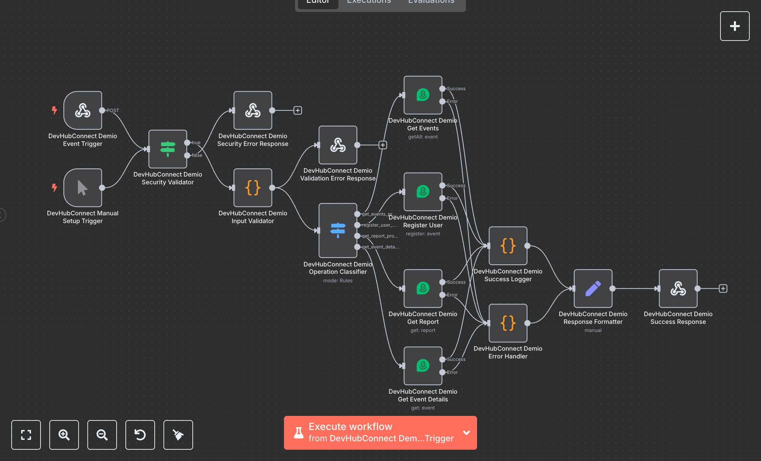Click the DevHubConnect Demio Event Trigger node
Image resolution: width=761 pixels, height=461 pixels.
point(83,110)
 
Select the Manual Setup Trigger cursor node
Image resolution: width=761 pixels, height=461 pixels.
point(83,188)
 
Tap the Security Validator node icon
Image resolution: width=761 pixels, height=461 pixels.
point(168,149)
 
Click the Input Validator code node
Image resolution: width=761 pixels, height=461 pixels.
point(253,188)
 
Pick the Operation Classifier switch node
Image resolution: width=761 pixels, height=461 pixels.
point(338,230)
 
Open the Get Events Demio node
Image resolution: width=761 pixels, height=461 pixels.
point(423,95)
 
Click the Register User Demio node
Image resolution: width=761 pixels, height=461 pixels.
point(423,192)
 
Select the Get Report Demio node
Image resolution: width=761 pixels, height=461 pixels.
point(423,288)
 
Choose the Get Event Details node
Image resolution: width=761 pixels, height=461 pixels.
point(423,365)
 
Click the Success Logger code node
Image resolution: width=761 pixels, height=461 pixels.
point(508,246)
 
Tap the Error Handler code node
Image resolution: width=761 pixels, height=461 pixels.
point(508,323)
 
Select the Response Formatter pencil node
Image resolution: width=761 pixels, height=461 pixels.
point(593,288)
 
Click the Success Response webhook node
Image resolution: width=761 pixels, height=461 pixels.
point(678,288)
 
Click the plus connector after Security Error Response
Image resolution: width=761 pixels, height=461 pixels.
point(298,110)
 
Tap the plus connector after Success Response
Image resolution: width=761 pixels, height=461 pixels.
point(723,288)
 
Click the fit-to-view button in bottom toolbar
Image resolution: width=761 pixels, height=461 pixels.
point(26,435)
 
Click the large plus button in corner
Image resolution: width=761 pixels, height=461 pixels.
point(735,26)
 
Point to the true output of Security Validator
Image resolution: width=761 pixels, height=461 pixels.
point(187,142)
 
